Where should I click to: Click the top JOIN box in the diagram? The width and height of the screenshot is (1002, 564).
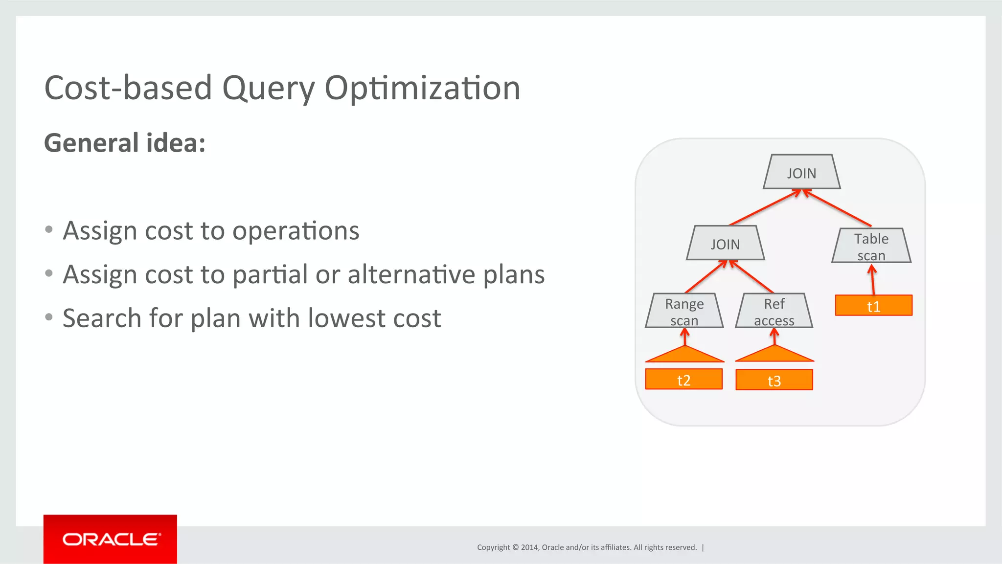[801, 172]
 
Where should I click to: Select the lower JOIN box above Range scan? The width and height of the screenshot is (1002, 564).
[725, 243]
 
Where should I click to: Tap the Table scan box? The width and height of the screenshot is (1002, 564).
[871, 246]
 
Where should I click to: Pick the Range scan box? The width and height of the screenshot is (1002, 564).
[684, 311]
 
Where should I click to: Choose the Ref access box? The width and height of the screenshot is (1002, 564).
[774, 311]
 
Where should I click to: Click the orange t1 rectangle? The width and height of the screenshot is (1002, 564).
[873, 306]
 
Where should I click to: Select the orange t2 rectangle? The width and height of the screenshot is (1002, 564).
[683, 380]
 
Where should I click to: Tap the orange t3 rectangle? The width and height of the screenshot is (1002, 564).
[774, 380]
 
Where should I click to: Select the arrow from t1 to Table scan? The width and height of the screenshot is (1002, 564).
[873, 280]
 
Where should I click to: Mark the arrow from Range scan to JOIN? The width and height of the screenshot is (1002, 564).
[706, 277]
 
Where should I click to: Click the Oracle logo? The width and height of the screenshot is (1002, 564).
[110, 539]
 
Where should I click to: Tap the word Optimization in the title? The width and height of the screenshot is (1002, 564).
[422, 89]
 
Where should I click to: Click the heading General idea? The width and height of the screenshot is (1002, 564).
[125, 143]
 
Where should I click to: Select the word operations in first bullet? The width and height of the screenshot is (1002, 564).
[296, 230]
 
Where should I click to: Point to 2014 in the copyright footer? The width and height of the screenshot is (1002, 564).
[529, 547]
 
